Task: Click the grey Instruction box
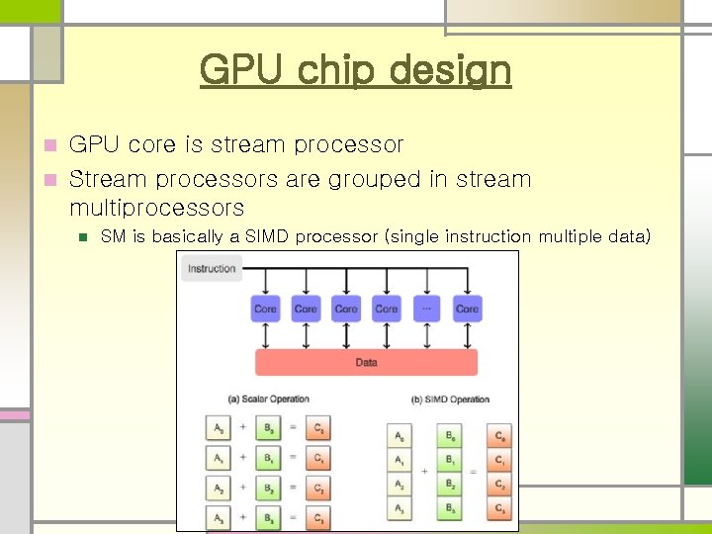tap(212, 268)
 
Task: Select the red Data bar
tap(366, 362)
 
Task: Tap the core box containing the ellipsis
tap(427, 309)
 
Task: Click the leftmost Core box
tap(266, 309)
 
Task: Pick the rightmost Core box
tap(467, 309)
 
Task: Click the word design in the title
tap(450, 70)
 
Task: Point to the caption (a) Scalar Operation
tap(269, 400)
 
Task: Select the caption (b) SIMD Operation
tap(451, 400)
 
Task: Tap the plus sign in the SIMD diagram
tap(425, 472)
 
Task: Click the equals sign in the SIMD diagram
tap(473, 472)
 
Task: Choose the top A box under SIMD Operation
tap(400, 436)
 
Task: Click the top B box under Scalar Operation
tap(268, 428)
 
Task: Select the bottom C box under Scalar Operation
tap(317, 517)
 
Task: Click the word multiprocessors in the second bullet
tap(156, 208)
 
